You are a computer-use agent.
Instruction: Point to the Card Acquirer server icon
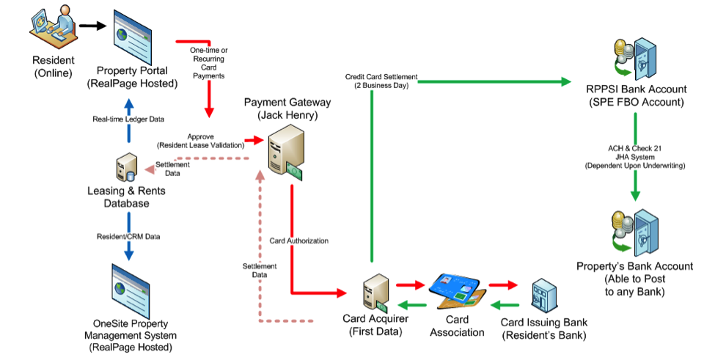(375, 293)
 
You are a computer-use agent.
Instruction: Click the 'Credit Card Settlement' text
(381, 76)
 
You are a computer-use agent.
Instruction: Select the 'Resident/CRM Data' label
(128, 237)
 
